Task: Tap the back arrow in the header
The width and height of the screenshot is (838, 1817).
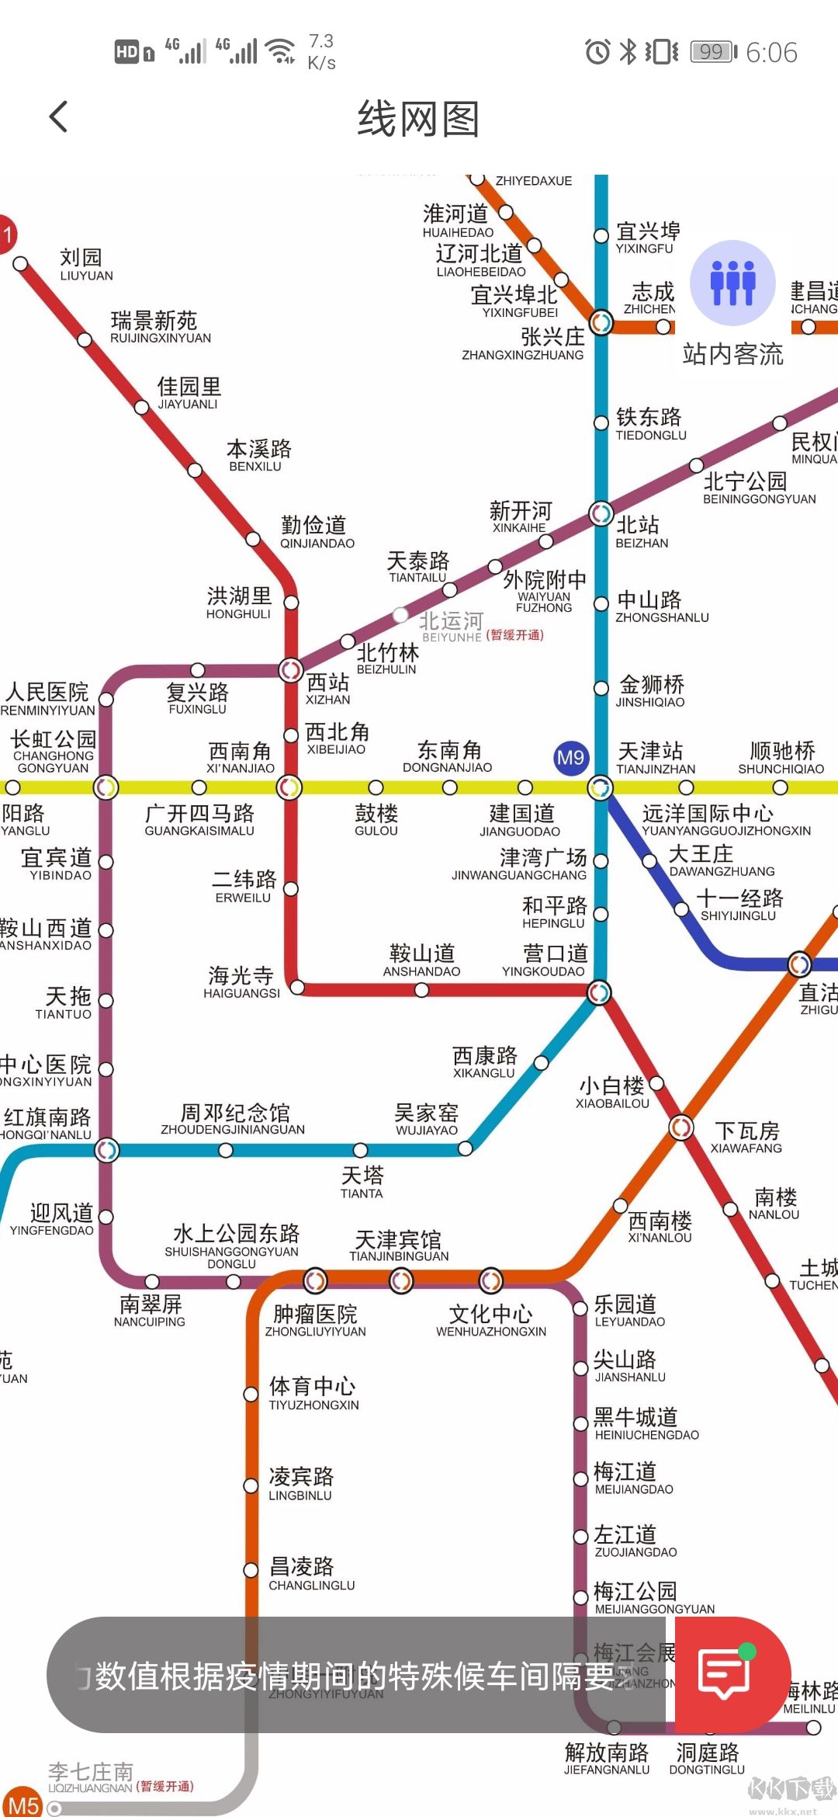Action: (59, 117)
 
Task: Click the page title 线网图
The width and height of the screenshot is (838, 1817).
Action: (418, 120)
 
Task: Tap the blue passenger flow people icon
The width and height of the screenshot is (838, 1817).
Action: (732, 283)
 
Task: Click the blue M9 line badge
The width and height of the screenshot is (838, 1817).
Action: (571, 758)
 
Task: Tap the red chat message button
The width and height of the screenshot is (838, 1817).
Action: (725, 1674)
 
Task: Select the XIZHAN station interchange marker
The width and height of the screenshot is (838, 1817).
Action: (291, 669)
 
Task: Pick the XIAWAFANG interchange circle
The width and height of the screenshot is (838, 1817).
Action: (681, 1126)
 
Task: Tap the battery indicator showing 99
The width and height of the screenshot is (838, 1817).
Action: (713, 52)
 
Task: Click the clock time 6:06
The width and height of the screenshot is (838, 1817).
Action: (771, 53)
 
